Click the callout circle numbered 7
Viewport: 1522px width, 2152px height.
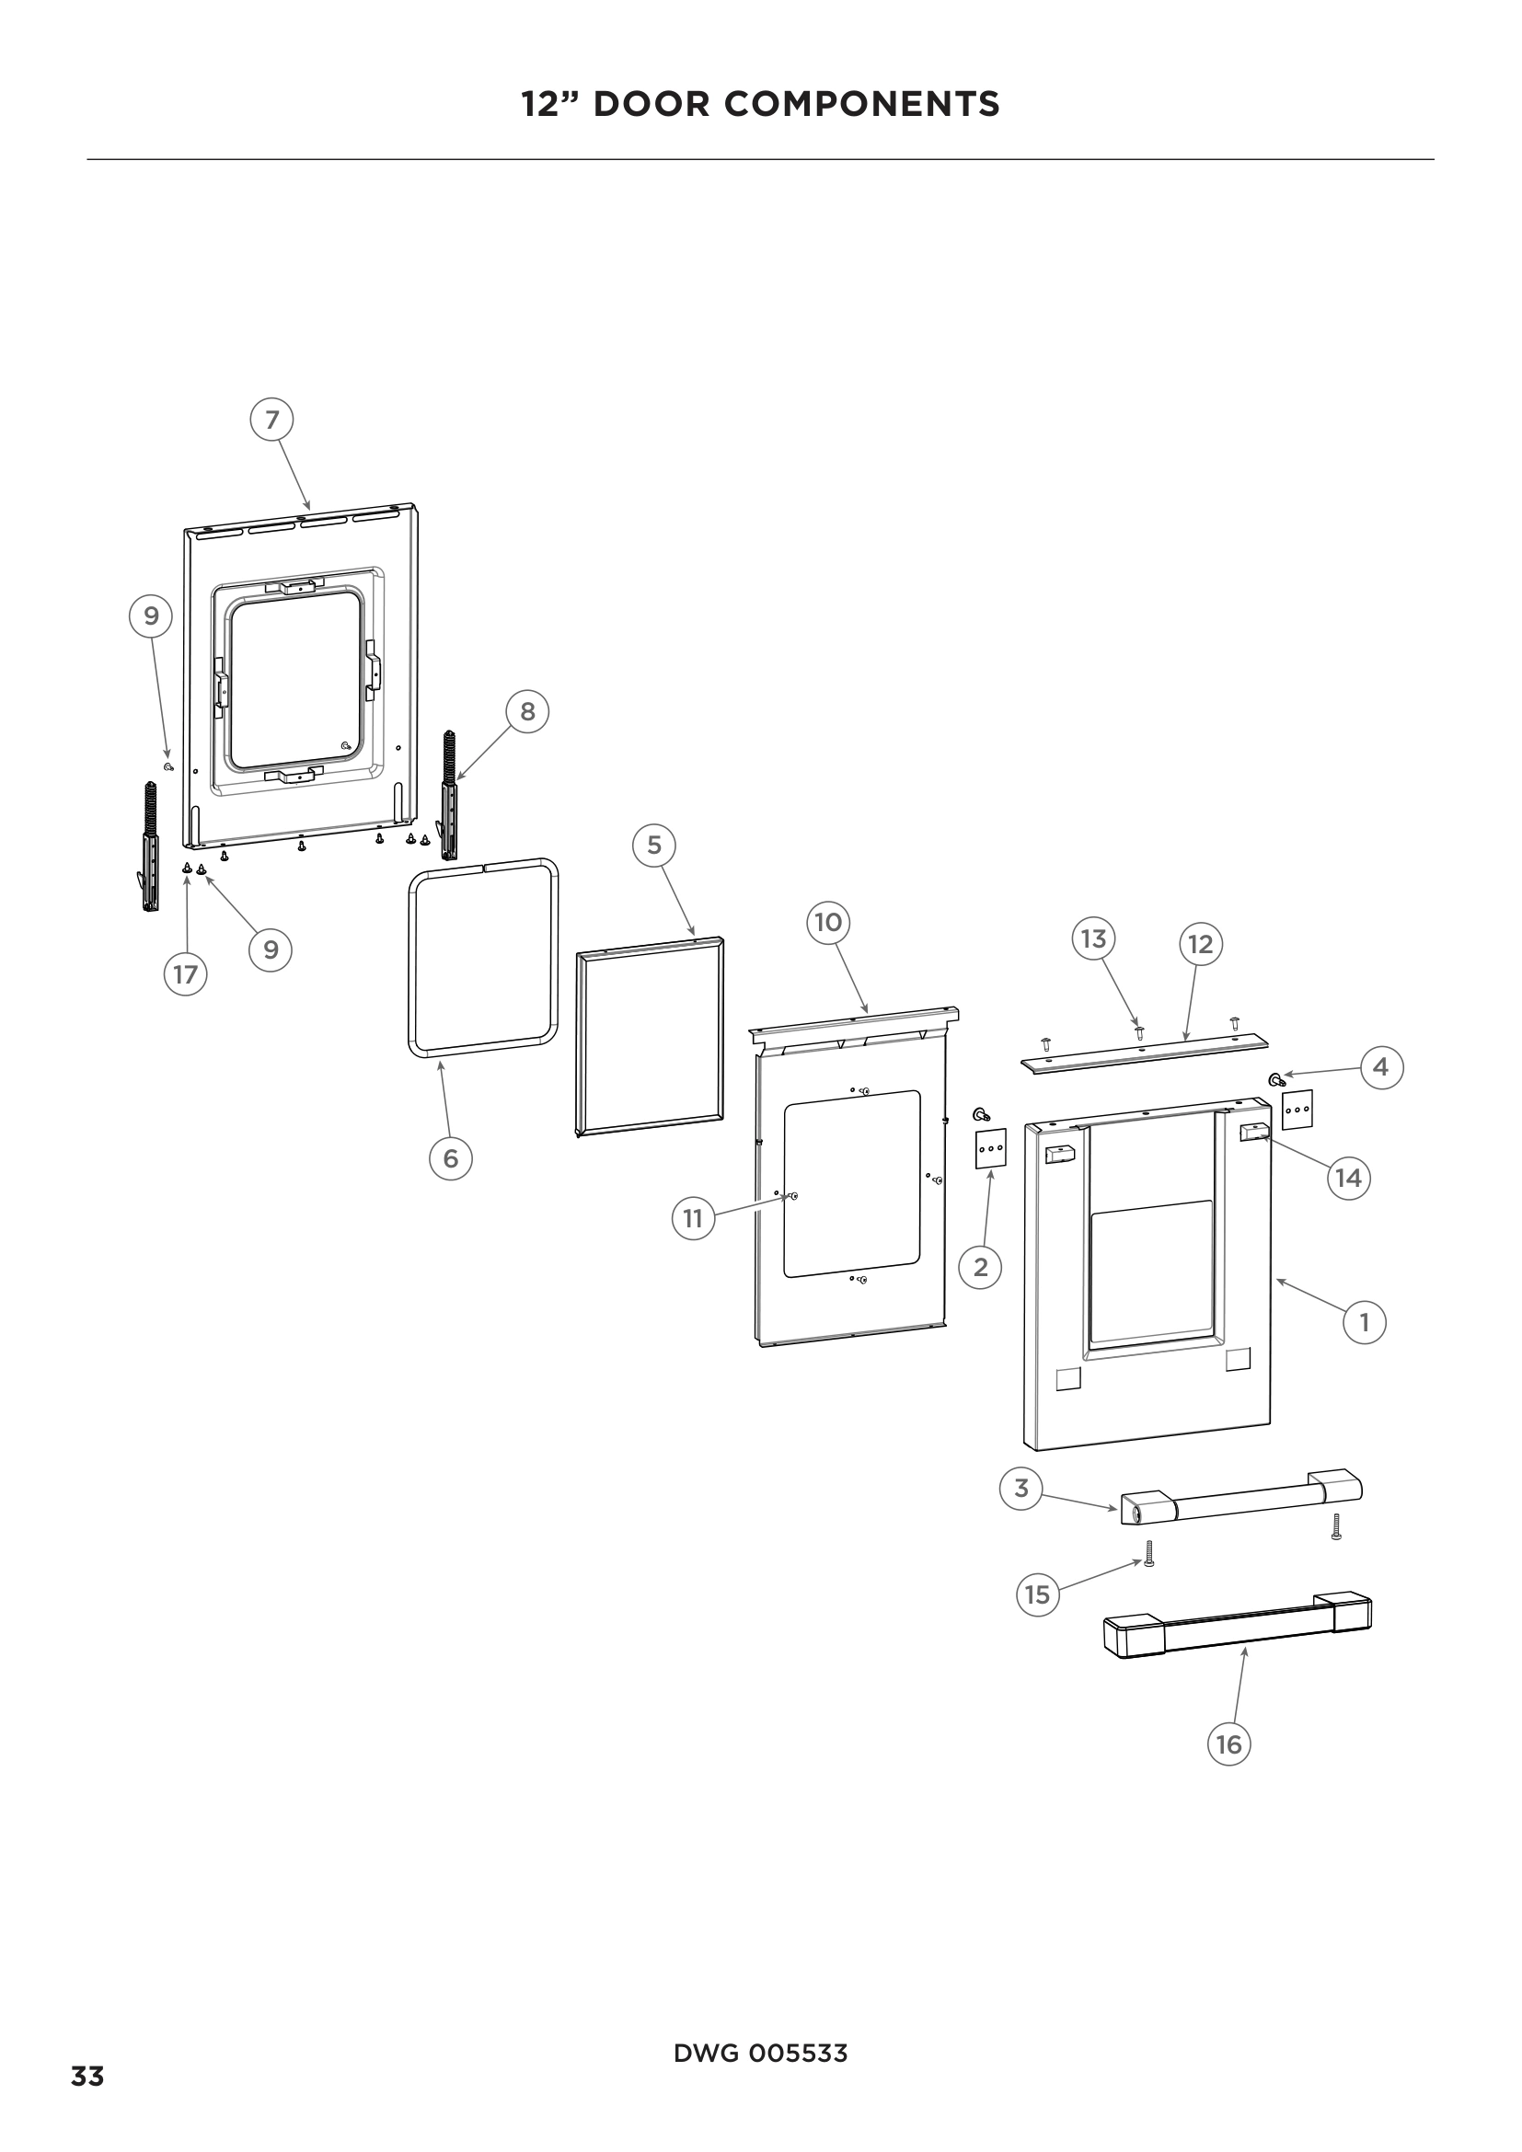pyautogui.click(x=271, y=419)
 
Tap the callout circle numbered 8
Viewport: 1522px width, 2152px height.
pyautogui.click(x=527, y=711)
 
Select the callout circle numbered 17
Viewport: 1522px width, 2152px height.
pyautogui.click(x=186, y=974)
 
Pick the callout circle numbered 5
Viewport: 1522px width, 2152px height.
pyautogui.click(x=654, y=846)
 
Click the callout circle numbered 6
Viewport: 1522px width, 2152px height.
pyautogui.click(x=451, y=1159)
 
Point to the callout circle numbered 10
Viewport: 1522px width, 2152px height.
pyautogui.click(x=828, y=922)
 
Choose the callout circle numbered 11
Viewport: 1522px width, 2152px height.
pyautogui.click(x=694, y=1218)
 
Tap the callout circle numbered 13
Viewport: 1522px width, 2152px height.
pyautogui.click(x=1094, y=939)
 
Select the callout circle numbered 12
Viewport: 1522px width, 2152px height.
pyautogui.click(x=1201, y=944)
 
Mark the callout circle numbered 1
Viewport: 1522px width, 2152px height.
pyautogui.click(x=1365, y=1322)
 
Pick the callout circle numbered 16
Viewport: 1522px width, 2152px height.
pyautogui.click(x=1228, y=1744)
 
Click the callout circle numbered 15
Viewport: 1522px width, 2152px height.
pyautogui.click(x=1037, y=1594)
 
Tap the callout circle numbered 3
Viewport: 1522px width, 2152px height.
pyautogui.click(x=1021, y=1488)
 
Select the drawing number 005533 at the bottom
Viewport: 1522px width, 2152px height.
pyautogui.click(x=799, y=2053)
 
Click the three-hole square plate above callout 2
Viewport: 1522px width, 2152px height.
pyautogui.click(x=991, y=1148)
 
